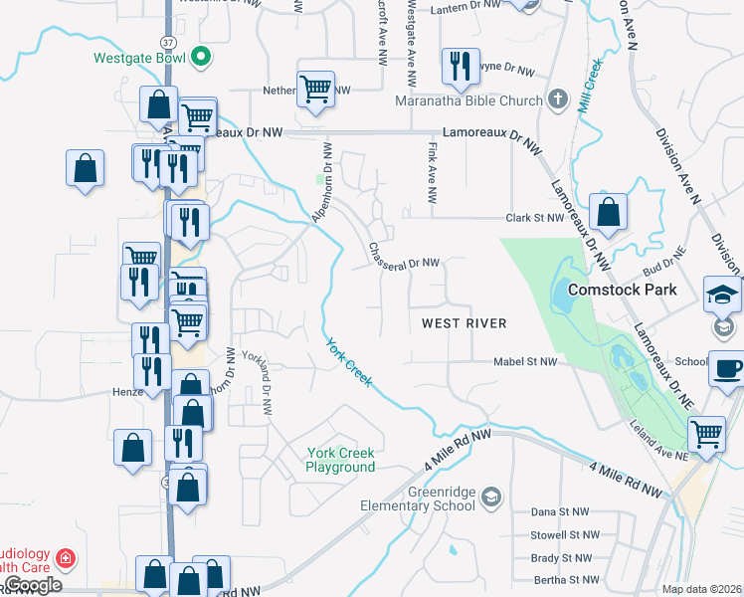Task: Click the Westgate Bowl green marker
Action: coord(201,57)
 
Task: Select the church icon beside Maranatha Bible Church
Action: coord(558,99)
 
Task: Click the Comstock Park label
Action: coord(622,290)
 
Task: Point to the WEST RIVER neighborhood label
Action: coord(464,323)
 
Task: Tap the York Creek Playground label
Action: coord(340,460)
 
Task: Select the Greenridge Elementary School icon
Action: coord(490,497)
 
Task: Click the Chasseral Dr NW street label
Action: coord(404,257)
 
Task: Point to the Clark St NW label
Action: coord(535,217)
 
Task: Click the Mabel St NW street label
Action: coord(525,363)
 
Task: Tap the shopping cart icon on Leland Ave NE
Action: coord(706,432)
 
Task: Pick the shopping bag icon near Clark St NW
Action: coord(608,211)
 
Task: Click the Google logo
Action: coord(33,585)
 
